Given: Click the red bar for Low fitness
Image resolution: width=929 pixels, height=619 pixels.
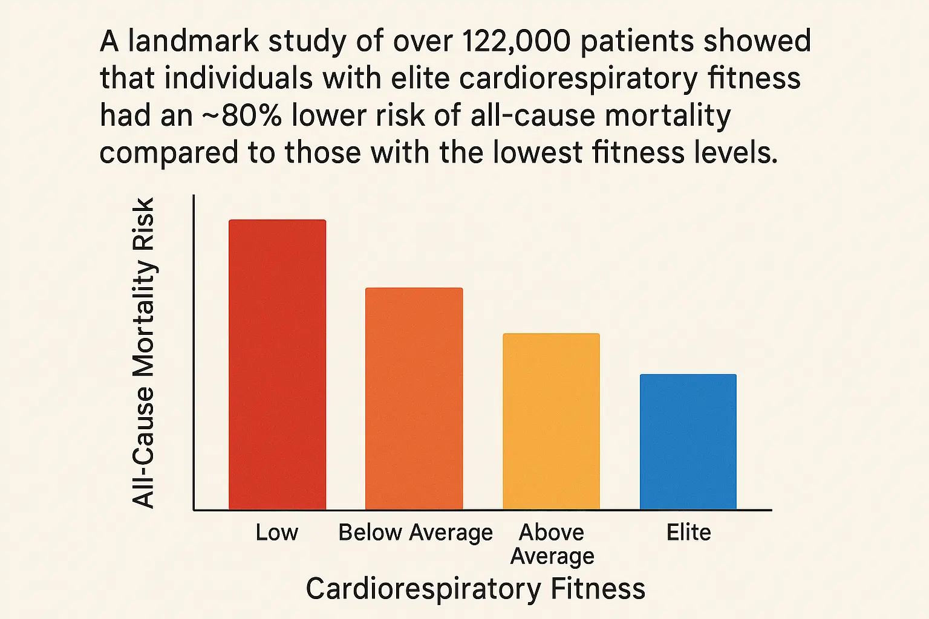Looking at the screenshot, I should pos(277,365).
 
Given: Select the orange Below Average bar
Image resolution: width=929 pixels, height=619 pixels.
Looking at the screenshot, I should pos(414,399).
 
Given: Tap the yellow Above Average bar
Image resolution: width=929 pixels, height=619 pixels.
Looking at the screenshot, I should pos(551,421).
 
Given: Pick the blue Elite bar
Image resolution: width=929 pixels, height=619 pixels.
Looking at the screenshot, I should pos(688,442).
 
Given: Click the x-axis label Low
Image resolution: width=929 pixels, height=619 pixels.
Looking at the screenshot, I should pos(276,533).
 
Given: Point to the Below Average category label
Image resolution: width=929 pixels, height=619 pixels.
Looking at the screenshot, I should pos(416,533).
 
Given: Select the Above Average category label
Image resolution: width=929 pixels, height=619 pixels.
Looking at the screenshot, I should pos(552,544).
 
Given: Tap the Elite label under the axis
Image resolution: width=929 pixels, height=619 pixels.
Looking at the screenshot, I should pos(688,533).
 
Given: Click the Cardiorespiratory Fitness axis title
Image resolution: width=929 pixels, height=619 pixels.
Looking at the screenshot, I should pos(475,589).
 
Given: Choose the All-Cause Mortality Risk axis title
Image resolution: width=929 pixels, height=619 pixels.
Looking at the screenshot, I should pos(144,353).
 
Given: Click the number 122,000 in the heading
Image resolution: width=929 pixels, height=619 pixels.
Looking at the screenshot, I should pos(515,42).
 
